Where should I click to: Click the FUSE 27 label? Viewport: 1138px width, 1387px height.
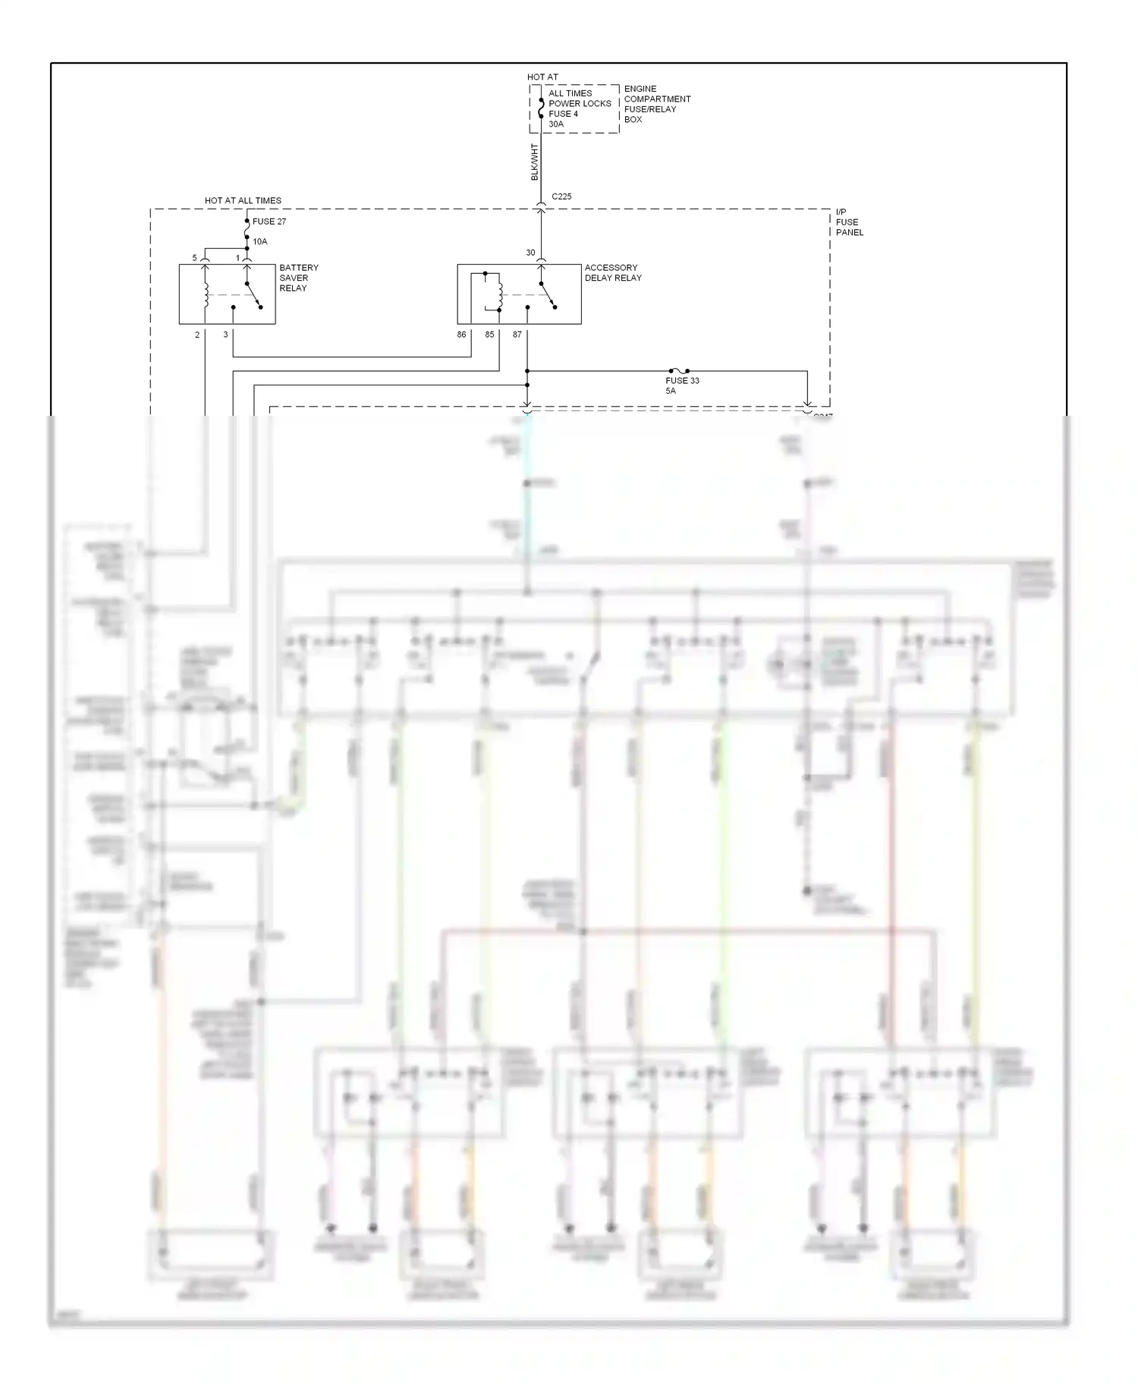[269, 222]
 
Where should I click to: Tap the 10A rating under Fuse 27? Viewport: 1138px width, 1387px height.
[259, 241]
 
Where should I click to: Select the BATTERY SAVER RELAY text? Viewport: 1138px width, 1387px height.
[299, 278]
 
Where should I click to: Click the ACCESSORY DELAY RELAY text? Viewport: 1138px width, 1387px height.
[613, 272]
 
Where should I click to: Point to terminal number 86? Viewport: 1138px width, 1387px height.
[461, 335]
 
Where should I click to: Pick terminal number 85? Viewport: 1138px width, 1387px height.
[489, 335]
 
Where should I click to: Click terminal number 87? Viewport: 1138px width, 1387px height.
[517, 335]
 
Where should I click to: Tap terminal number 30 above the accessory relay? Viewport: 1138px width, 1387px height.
[530, 253]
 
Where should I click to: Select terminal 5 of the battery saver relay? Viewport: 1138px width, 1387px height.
[194, 258]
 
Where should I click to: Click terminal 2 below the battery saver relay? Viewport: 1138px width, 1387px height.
[197, 335]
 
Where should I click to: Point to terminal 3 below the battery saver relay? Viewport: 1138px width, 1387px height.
[225, 335]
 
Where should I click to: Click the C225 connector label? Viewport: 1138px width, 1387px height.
[561, 197]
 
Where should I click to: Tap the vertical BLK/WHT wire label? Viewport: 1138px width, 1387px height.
[534, 162]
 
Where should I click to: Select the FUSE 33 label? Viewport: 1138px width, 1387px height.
[682, 381]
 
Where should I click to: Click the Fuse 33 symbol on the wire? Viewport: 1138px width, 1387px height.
[679, 371]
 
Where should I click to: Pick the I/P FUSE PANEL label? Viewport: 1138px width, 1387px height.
[849, 222]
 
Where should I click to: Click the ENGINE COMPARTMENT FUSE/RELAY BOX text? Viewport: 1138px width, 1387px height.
[657, 104]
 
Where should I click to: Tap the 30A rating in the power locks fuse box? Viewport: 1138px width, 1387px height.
[556, 124]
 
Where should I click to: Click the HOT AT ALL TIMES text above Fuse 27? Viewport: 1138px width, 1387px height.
[243, 201]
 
